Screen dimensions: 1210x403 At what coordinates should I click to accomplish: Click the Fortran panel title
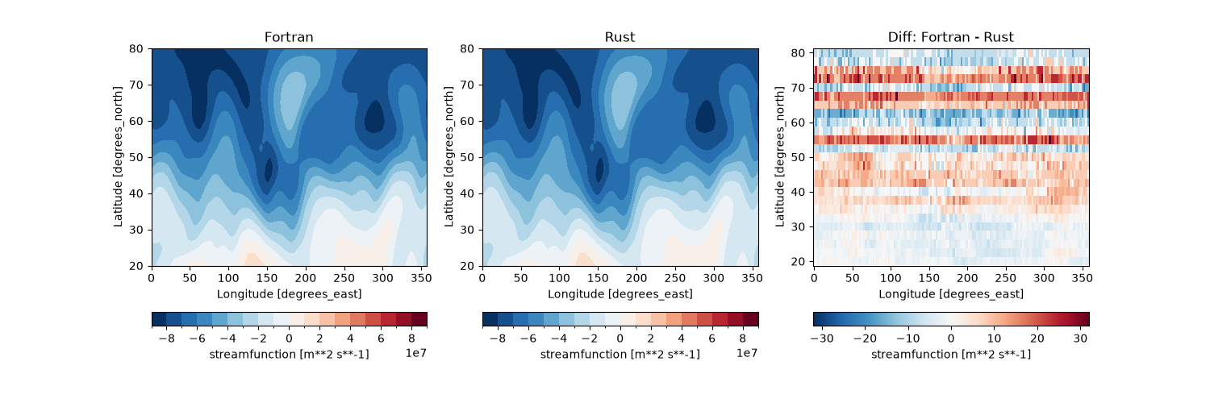(x=289, y=37)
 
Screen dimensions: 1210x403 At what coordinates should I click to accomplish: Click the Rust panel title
(x=620, y=37)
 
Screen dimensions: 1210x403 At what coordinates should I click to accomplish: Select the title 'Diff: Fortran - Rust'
(x=951, y=37)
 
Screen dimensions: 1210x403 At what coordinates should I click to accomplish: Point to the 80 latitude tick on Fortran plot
(x=136, y=48)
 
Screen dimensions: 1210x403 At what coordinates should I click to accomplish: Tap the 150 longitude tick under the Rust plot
(x=598, y=278)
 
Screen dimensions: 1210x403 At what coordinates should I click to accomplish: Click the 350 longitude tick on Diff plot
(x=1082, y=278)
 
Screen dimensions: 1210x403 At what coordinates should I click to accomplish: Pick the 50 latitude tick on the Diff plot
(x=799, y=157)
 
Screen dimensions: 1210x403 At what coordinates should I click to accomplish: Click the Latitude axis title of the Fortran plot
(x=118, y=157)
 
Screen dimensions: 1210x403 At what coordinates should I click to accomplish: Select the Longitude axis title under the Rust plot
(x=620, y=294)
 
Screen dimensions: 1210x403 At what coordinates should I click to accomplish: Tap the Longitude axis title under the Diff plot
(x=951, y=294)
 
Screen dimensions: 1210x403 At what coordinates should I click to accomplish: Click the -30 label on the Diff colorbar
(x=822, y=339)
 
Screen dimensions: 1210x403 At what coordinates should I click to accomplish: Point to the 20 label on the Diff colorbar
(x=1037, y=339)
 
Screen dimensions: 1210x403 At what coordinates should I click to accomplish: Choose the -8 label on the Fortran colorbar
(x=167, y=339)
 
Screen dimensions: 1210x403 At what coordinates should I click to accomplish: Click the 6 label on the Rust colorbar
(x=712, y=339)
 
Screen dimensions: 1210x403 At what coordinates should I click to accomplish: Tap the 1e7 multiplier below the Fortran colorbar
(x=416, y=353)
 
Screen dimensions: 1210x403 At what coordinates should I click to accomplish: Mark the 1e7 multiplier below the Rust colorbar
(x=747, y=353)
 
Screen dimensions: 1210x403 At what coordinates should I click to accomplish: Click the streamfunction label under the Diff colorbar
(x=951, y=355)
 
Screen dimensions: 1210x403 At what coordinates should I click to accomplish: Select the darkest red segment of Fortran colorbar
(x=419, y=319)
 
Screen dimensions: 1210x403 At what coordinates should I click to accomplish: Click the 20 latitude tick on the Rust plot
(x=467, y=266)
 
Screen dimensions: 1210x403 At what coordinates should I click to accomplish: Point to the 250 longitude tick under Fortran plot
(x=344, y=278)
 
